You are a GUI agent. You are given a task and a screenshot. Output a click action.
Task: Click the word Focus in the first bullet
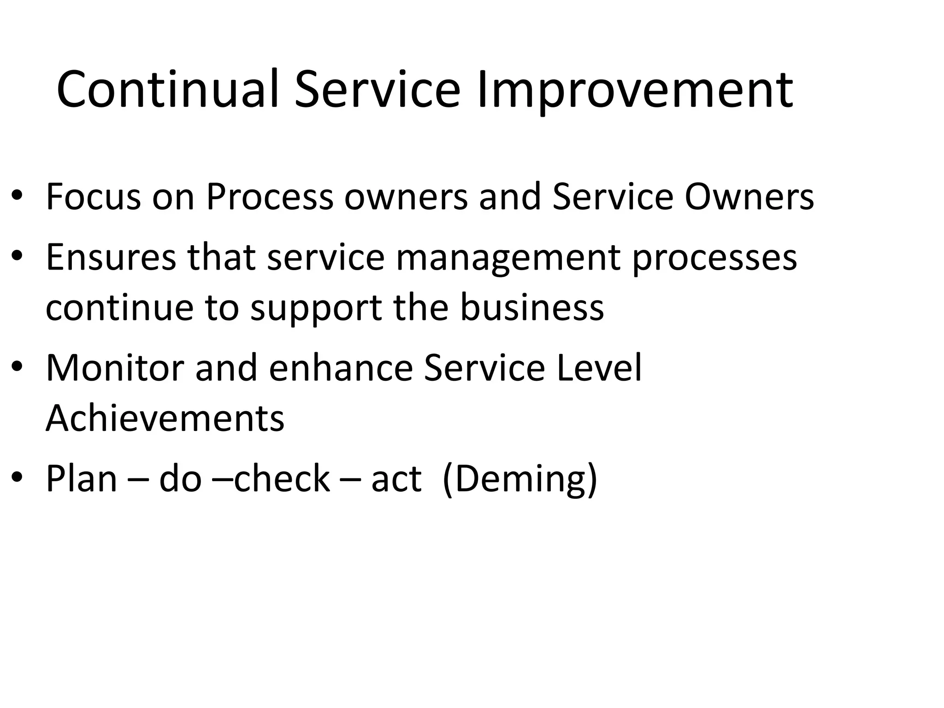click(94, 197)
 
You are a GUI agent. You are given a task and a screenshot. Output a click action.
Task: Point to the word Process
click(269, 197)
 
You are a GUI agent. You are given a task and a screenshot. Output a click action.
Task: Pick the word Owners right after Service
click(749, 197)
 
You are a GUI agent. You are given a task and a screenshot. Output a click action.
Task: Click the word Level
click(599, 367)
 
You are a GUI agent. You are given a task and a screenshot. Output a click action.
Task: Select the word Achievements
click(165, 418)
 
